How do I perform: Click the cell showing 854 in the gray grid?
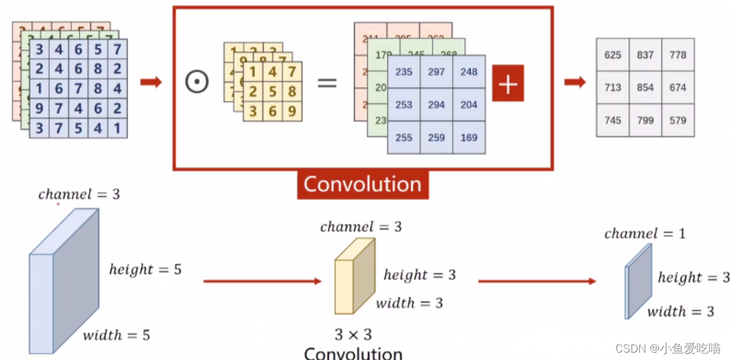coord(645,88)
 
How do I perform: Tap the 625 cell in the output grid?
coord(612,55)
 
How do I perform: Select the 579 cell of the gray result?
coord(677,120)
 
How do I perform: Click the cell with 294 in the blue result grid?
coord(436,105)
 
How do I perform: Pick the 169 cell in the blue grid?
coord(469,137)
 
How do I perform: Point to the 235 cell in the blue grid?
coord(404,72)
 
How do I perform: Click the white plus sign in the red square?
coord(508,84)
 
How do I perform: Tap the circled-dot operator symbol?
coord(197,82)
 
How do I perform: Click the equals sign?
coord(327,82)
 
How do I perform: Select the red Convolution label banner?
coord(363,184)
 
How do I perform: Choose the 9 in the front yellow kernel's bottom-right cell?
coord(292,112)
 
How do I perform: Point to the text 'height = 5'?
coord(145,269)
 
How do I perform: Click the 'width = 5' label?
coord(116,335)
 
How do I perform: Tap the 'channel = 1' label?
coord(645,233)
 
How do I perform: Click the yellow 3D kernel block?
coord(354,277)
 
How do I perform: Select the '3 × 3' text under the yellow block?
coord(353,334)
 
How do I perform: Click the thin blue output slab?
coord(638,281)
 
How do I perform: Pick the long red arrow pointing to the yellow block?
coord(262,281)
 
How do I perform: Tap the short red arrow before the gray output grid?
coord(575,82)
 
